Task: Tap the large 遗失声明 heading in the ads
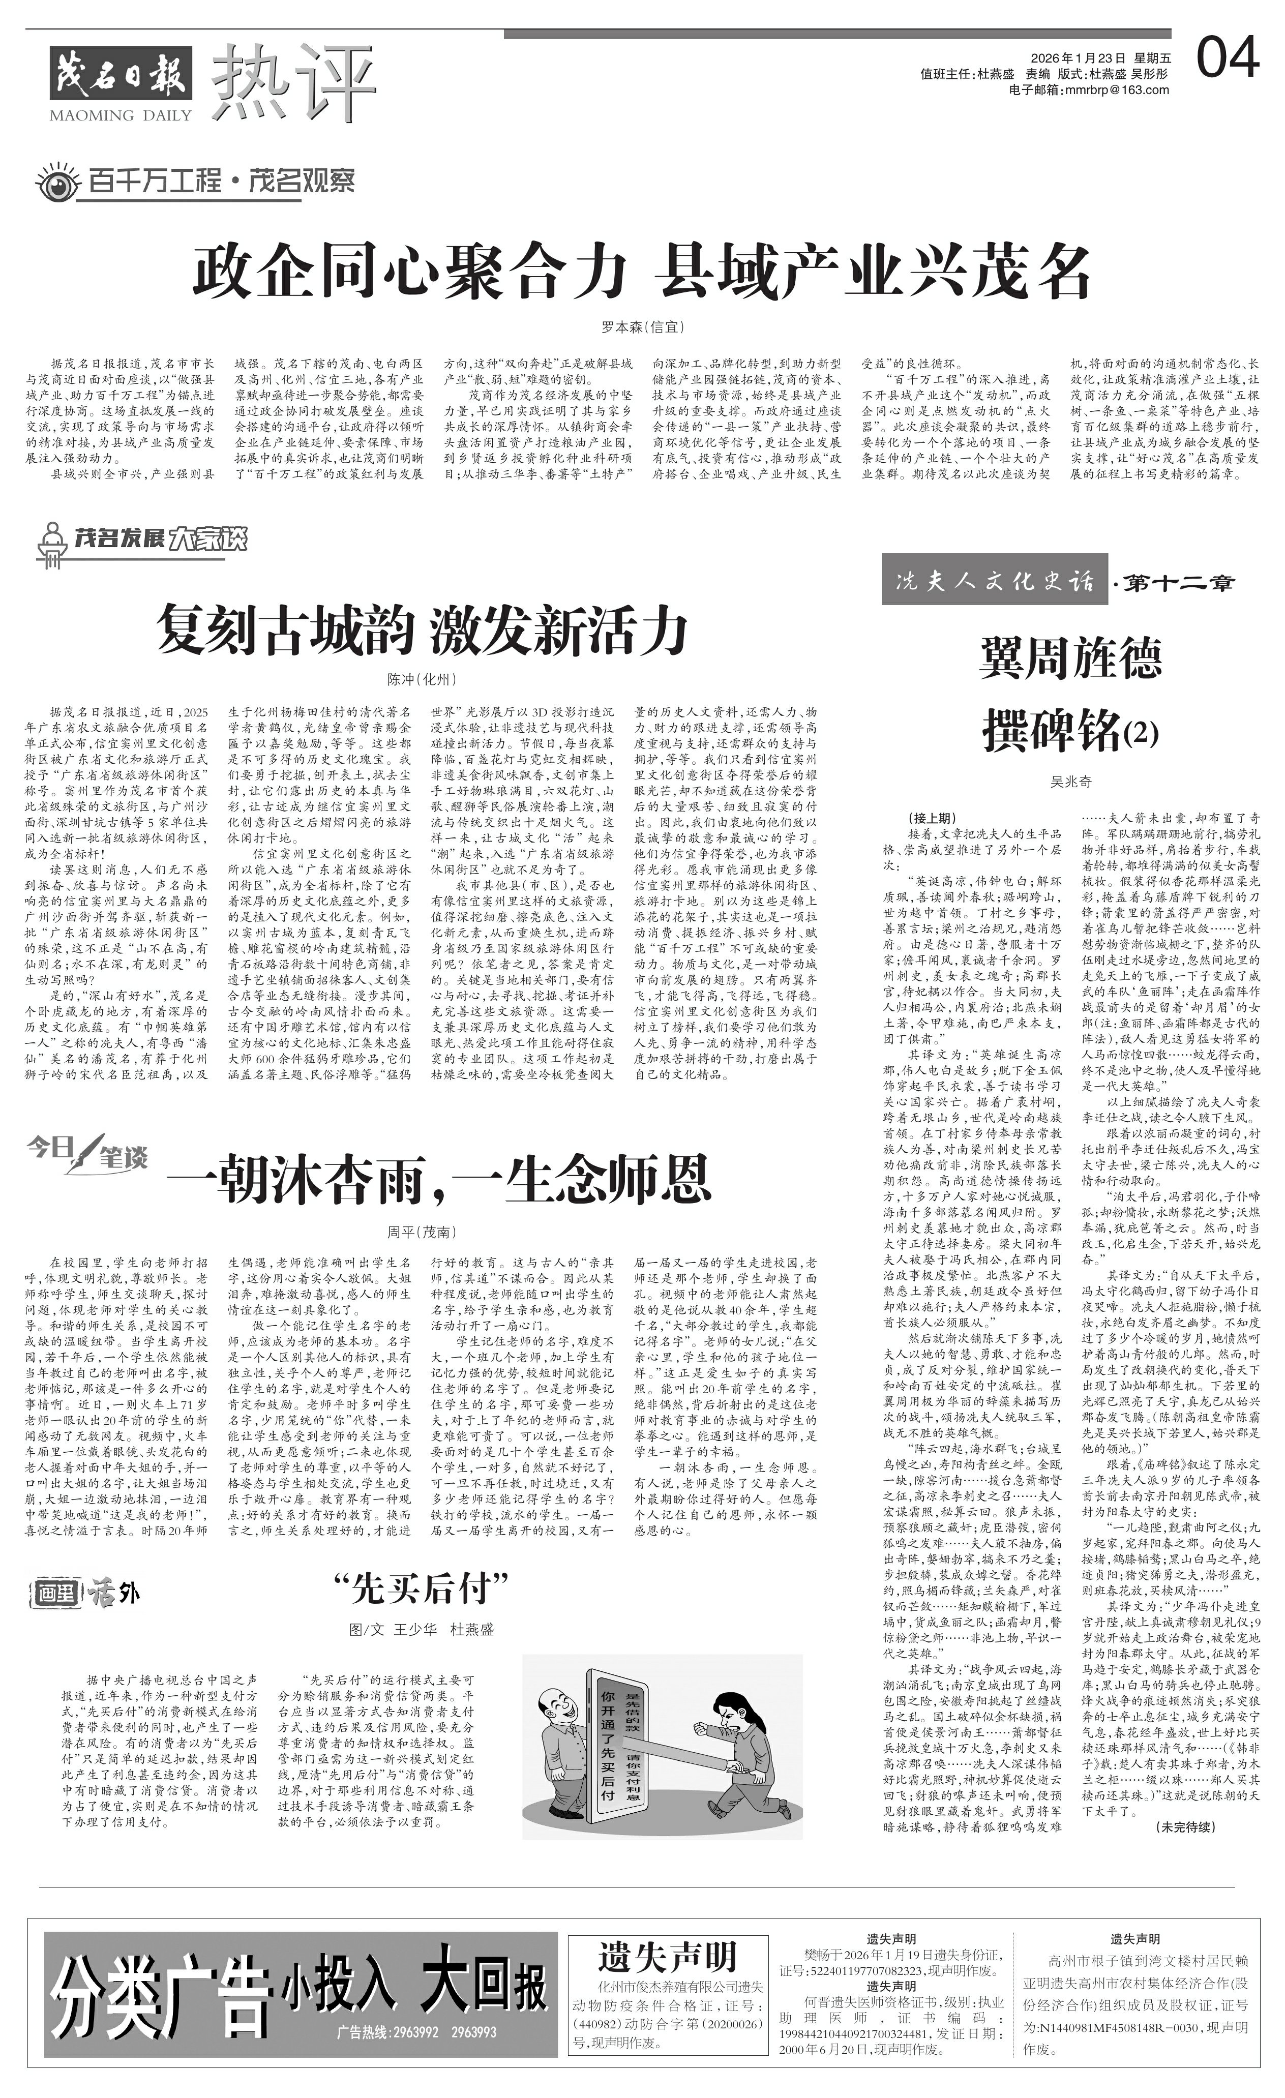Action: (667, 1956)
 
